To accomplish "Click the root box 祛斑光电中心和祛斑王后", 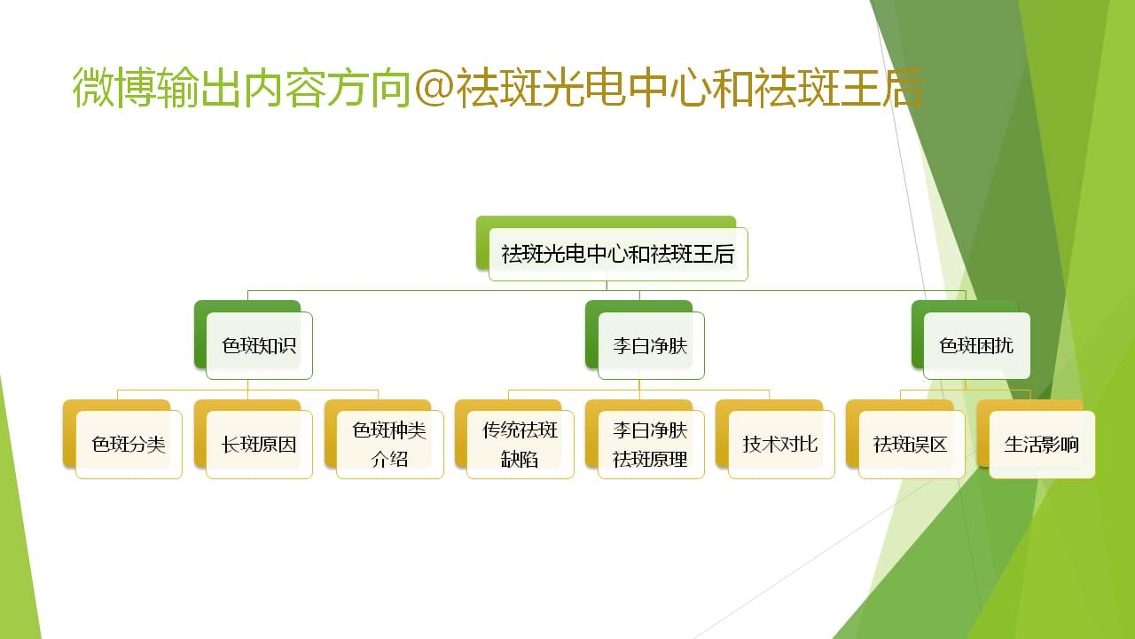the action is [618, 254].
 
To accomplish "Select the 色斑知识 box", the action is [259, 346].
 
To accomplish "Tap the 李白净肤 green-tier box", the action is [651, 346].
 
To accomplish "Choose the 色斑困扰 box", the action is [977, 346].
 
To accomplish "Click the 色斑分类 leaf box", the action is [129, 445].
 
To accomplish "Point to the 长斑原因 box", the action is [259, 445].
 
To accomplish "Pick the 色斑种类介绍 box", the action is [389, 445].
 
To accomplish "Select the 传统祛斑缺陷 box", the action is [521, 445].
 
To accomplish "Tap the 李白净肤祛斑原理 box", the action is [651, 445].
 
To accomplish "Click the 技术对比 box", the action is [781, 445].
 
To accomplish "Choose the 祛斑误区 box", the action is [912, 445].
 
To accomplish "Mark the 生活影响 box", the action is [1042, 445].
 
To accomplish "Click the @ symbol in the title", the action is [434, 88].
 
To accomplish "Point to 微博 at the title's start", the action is [114, 88].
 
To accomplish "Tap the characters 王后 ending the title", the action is [881, 88].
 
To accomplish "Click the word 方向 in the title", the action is [369, 88].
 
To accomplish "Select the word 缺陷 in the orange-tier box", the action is [520, 460].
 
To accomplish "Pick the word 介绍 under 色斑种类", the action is [389, 460].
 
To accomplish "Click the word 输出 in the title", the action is [200, 88].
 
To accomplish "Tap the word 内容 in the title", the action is [285, 88].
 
